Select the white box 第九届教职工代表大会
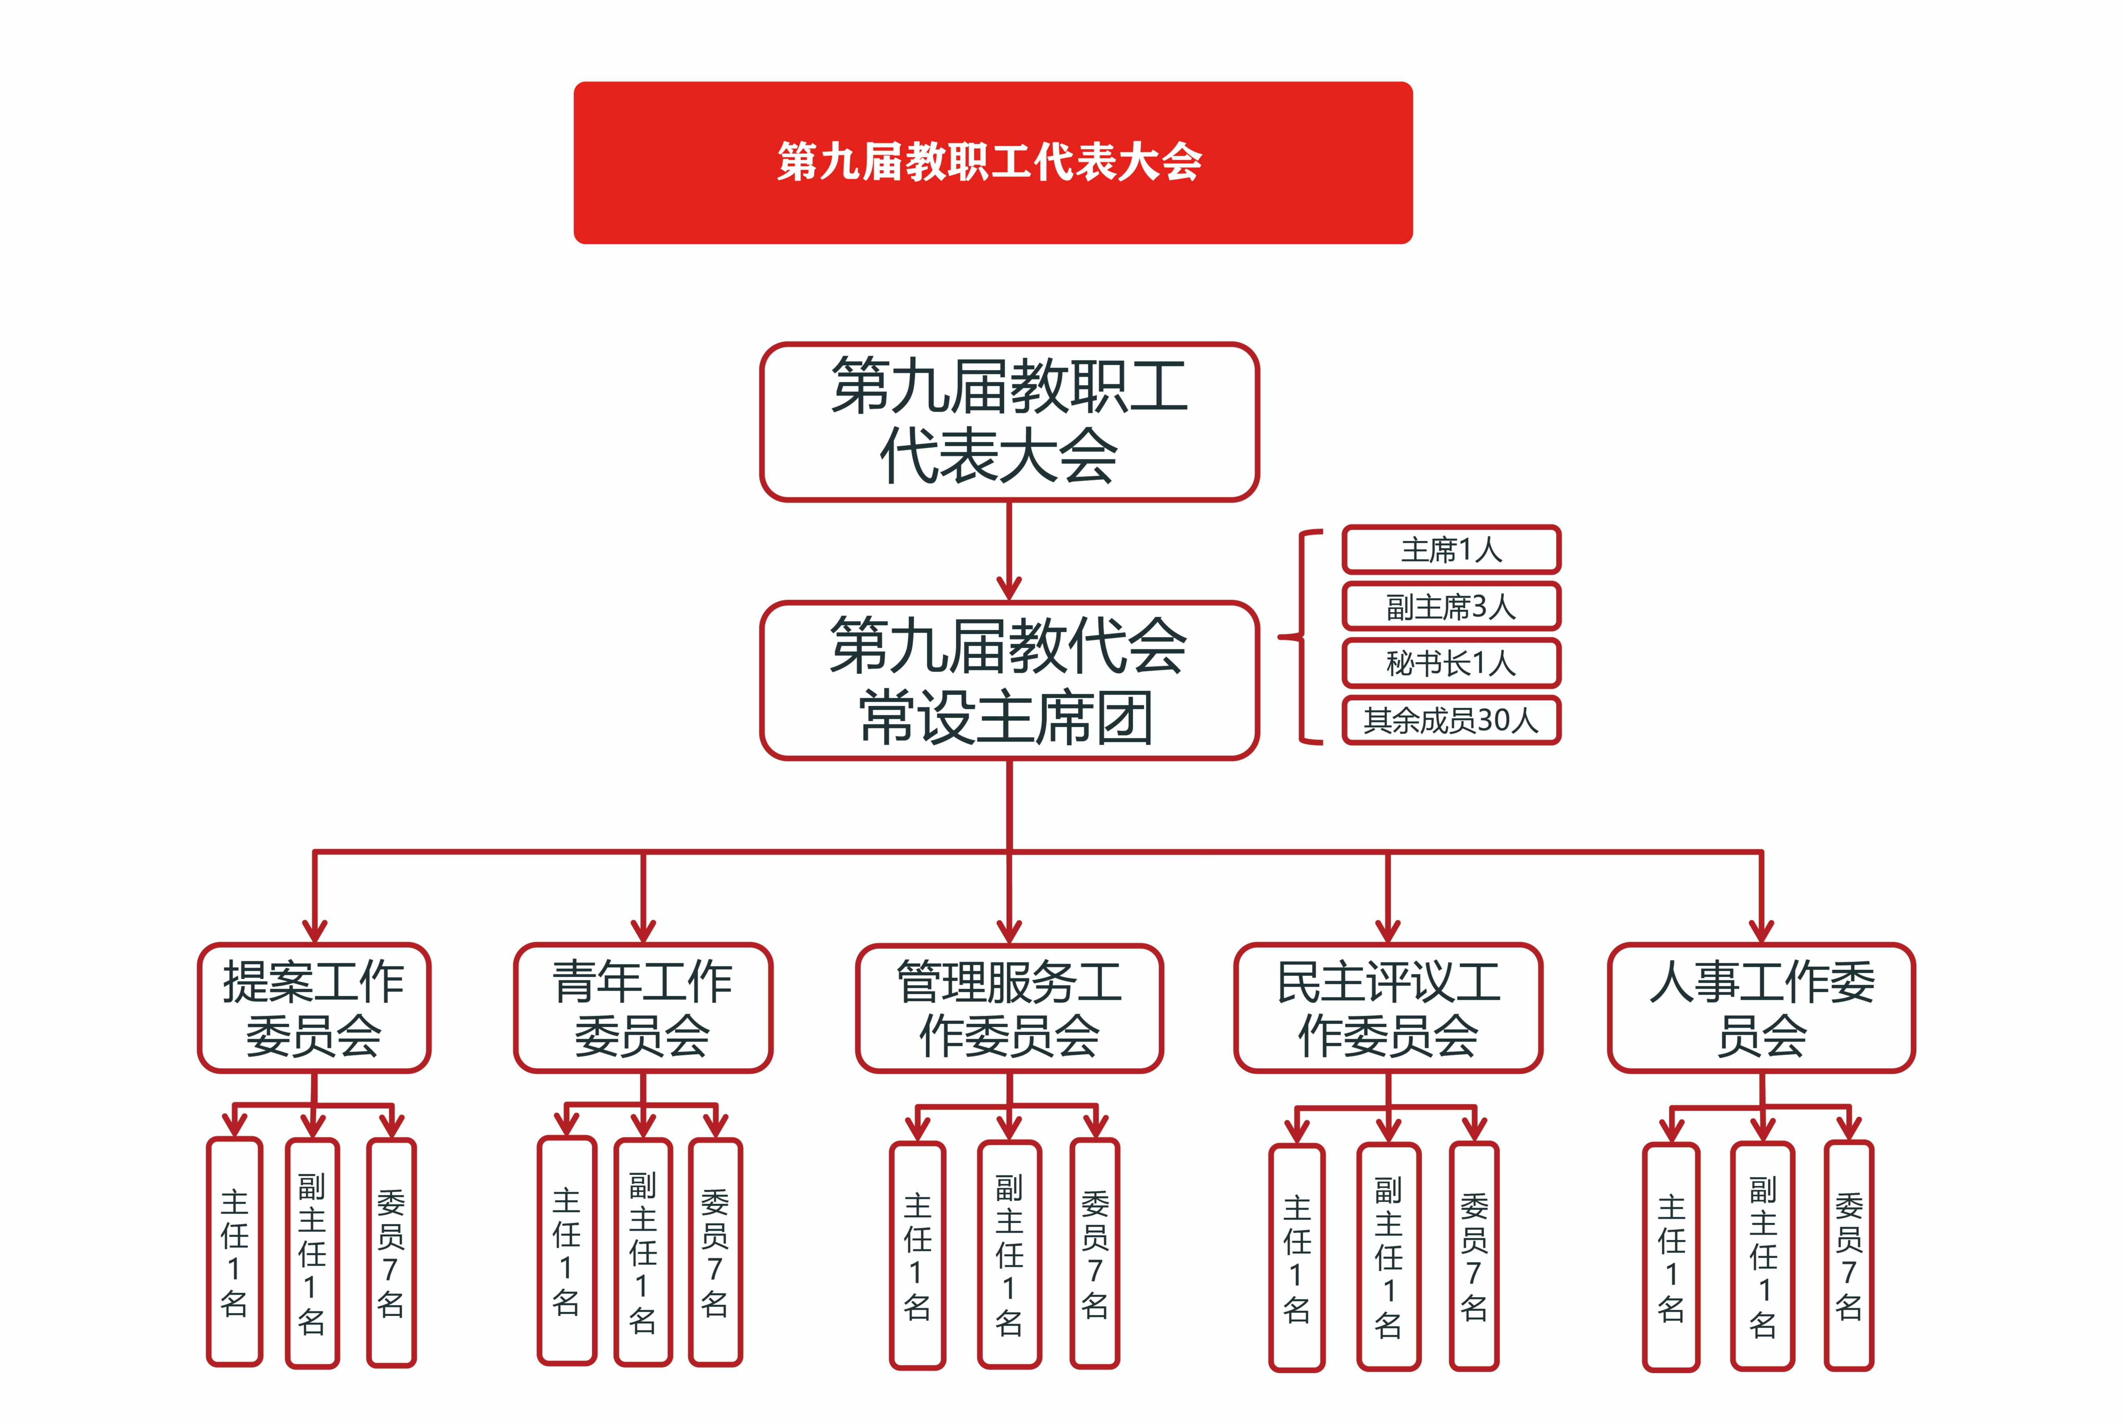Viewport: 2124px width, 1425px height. pyautogui.click(x=1009, y=422)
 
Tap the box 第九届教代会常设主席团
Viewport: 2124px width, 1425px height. pyautogui.click(x=1009, y=680)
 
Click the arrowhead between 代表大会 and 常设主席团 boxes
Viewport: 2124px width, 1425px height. pyautogui.click(x=1009, y=586)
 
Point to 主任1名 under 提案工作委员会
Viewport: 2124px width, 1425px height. pyautogui.click(x=234, y=1251)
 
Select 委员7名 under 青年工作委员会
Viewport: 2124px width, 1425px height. pyautogui.click(x=715, y=1251)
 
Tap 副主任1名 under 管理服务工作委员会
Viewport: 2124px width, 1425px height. pyautogui.click(x=1009, y=1254)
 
